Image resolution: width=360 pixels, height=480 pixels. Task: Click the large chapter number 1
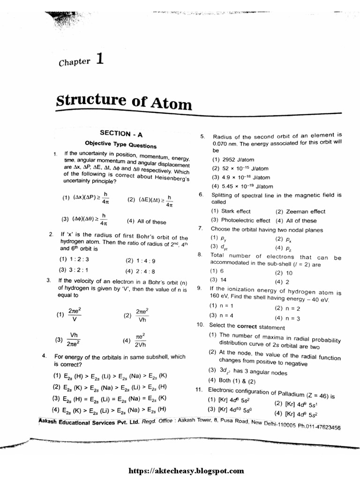click(x=98, y=59)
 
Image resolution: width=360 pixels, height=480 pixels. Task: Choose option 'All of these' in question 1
click(x=146, y=222)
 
